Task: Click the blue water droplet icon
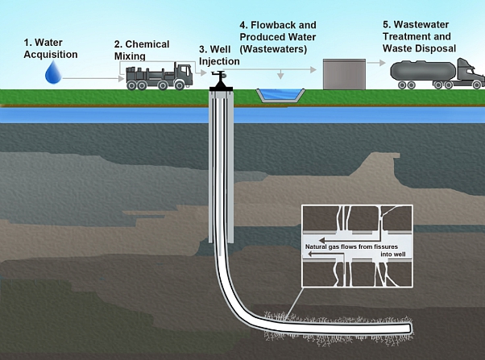point(53,72)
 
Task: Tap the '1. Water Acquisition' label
point(51,48)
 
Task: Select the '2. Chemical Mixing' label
point(142,50)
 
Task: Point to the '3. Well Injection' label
point(219,55)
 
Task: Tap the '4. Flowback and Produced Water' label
point(278,37)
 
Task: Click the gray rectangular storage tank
point(344,74)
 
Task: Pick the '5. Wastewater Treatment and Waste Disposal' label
point(419,36)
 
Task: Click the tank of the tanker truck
point(423,71)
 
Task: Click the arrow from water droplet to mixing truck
point(93,79)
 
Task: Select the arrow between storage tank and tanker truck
point(376,63)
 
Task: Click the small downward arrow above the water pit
point(280,74)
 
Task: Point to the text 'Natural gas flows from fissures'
point(351,246)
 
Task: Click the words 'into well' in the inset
point(393,254)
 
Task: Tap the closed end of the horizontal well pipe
point(411,328)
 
